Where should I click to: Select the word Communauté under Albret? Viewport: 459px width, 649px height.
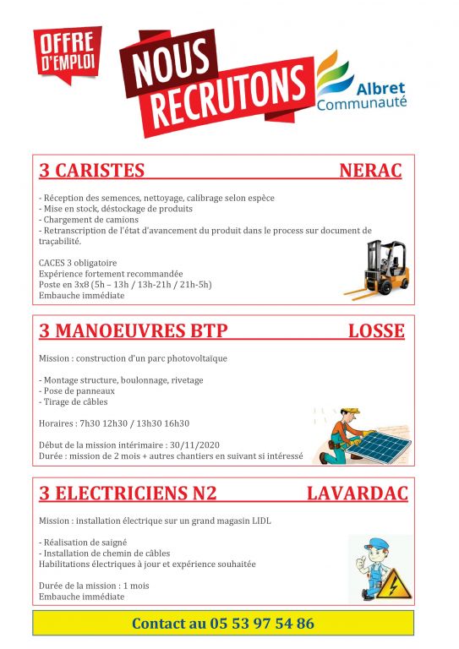coord(361,103)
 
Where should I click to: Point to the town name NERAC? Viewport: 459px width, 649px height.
coord(369,171)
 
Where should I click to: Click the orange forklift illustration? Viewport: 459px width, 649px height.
coord(375,270)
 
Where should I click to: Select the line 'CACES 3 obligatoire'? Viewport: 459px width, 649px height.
coord(78,263)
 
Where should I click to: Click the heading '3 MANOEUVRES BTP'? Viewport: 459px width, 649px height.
coord(134,330)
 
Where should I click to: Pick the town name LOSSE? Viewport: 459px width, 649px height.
coord(376,330)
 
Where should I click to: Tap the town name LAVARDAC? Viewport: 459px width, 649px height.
coord(357,492)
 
